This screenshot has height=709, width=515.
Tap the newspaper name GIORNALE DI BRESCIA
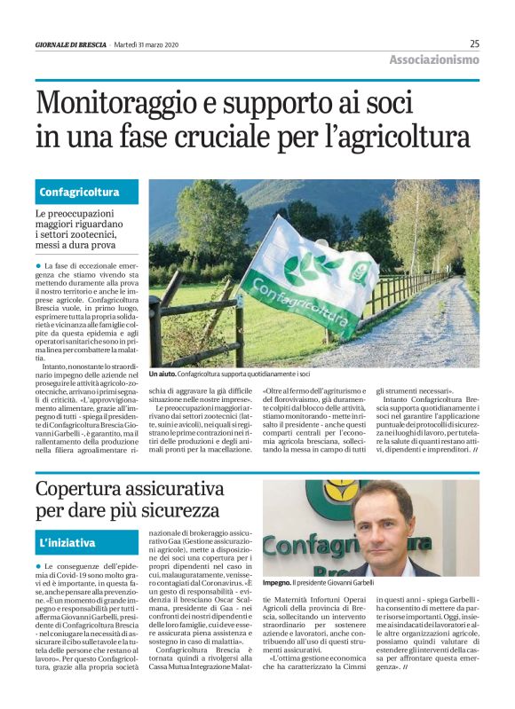tap(71, 43)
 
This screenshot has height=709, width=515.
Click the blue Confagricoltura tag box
tap(87, 192)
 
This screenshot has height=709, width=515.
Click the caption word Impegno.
tap(279, 583)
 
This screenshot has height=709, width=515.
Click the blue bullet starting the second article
tap(39, 565)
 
